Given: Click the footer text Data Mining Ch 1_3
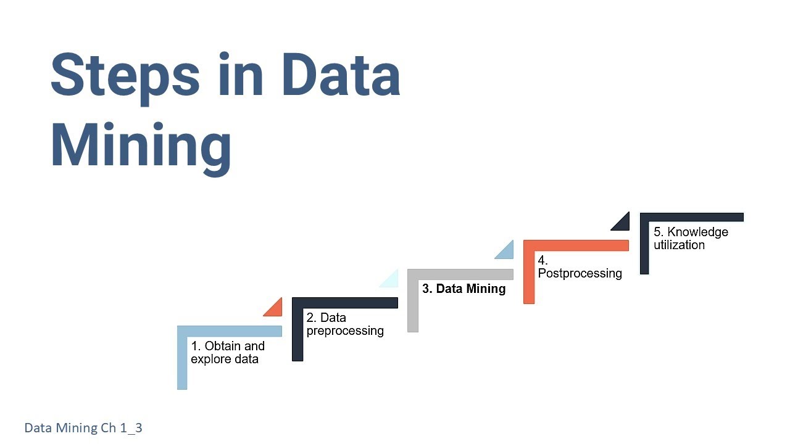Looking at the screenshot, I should click(x=83, y=427).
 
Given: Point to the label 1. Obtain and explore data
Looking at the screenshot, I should click(x=228, y=352).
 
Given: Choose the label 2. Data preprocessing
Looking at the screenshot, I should click(x=345, y=324).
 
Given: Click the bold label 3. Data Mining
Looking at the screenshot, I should click(x=464, y=289).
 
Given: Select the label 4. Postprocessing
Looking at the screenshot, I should click(x=580, y=267).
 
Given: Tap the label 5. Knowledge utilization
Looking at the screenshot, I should click(x=691, y=238).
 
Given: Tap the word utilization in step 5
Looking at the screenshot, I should click(x=679, y=245).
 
